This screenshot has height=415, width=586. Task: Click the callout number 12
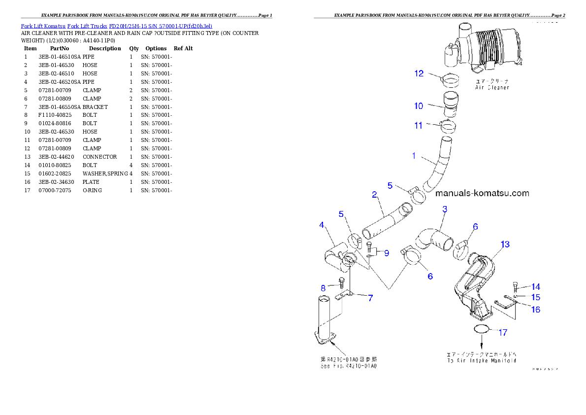(x=419, y=73)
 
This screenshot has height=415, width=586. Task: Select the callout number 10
(x=419, y=106)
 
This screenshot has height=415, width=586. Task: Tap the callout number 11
(x=418, y=125)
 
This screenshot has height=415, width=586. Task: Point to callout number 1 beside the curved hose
(x=414, y=156)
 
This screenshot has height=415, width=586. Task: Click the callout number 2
(x=374, y=195)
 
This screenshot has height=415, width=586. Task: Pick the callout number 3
(x=445, y=209)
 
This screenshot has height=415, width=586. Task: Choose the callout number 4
(x=322, y=225)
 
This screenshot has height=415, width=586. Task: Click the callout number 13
(x=505, y=244)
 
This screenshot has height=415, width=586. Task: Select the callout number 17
(x=502, y=333)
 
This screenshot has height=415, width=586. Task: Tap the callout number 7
(x=370, y=298)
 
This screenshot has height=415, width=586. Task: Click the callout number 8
(x=323, y=288)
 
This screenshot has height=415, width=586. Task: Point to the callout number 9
(x=387, y=253)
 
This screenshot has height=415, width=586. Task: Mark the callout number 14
(x=536, y=287)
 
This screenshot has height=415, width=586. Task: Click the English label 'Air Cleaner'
(x=492, y=87)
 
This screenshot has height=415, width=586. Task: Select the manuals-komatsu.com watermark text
(x=482, y=193)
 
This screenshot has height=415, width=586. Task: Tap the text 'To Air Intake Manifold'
(x=481, y=361)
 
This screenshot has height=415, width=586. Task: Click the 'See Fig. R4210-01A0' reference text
(x=349, y=366)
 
